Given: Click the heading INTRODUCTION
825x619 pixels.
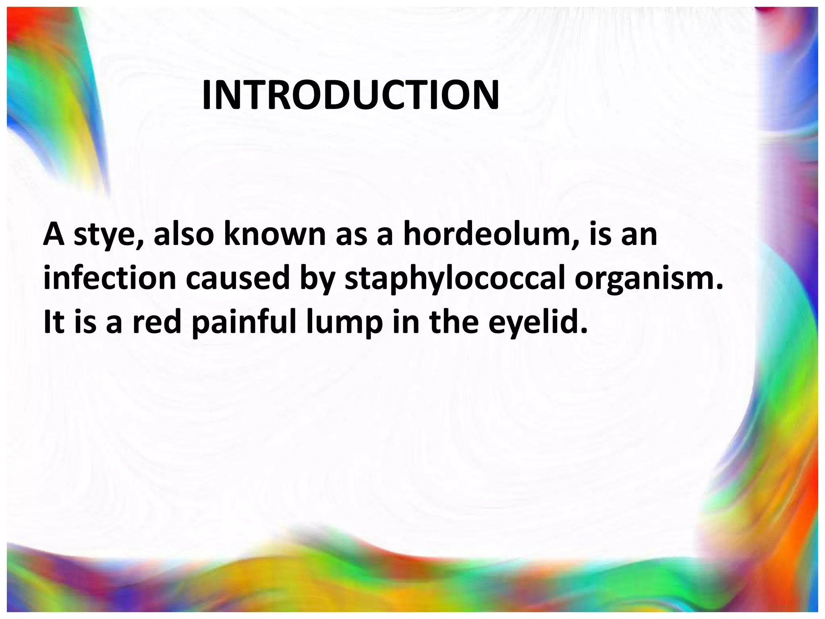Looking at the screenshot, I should pos(350,96).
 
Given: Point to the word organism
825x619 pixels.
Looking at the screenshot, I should pos(649,279).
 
